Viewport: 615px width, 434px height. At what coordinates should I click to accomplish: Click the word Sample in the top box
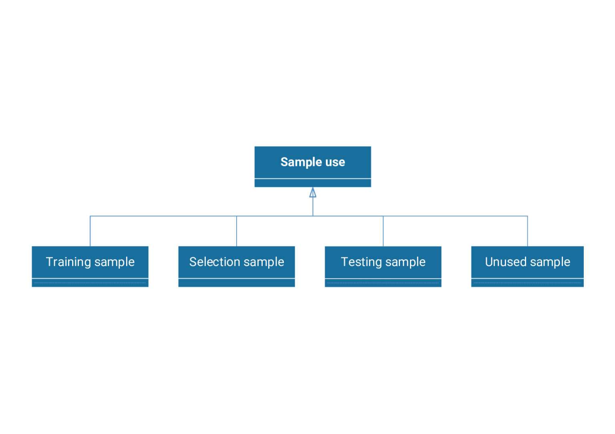click(x=301, y=162)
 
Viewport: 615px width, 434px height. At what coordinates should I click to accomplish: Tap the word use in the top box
click(x=335, y=162)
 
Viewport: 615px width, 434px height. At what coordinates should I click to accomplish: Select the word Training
click(x=68, y=262)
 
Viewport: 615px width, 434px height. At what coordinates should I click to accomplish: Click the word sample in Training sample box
click(x=115, y=262)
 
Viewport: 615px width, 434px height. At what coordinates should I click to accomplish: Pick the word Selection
click(x=215, y=262)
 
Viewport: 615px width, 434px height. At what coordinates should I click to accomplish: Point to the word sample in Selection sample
click(x=264, y=262)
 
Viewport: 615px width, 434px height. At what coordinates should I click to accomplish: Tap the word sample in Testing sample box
click(x=406, y=262)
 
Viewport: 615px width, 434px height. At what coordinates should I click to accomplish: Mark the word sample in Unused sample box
click(x=550, y=262)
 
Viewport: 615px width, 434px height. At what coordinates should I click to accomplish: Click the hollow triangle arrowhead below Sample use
click(x=313, y=193)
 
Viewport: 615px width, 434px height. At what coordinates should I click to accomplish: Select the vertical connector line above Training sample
click(x=90, y=231)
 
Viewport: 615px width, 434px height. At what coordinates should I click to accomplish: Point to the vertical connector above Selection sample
click(x=237, y=231)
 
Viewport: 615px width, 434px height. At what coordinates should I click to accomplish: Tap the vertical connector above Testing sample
click(x=383, y=231)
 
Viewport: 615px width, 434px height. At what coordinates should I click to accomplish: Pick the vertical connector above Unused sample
click(x=527, y=231)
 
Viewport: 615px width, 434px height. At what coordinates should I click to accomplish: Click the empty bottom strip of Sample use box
click(x=313, y=183)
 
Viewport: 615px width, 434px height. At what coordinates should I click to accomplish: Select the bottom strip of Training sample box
click(x=90, y=283)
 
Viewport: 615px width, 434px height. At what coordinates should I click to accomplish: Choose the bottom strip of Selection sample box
click(x=237, y=283)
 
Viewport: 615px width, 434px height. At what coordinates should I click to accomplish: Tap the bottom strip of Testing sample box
click(x=383, y=283)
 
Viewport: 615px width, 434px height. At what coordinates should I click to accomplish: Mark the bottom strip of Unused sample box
click(x=527, y=283)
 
